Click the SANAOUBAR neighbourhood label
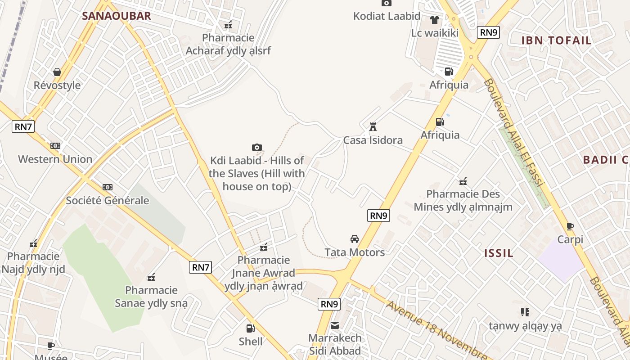[x=116, y=16]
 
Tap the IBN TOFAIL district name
[x=556, y=40]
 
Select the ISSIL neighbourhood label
[x=499, y=253]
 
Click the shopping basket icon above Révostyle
[x=57, y=72]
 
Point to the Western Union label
[x=55, y=159]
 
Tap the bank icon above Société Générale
[x=107, y=187]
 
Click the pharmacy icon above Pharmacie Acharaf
[x=228, y=25]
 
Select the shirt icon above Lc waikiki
[x=434, y=20]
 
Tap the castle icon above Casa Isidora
[x=373, y=127]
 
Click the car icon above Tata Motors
[x=355, y=239]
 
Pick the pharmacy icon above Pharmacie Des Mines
[x=463, y=181]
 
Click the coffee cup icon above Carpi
[x=570, y=226]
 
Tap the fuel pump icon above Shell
[x=250, y=328]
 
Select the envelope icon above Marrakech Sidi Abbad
[x=335, y=325]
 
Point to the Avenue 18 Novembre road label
[x=434, y=330]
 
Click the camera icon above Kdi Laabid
[x=257, y=147]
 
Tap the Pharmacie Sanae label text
[x=151, y=297]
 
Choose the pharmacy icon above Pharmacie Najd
[x=33, y=244]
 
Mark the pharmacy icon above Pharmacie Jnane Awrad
[x=264, y=247]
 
